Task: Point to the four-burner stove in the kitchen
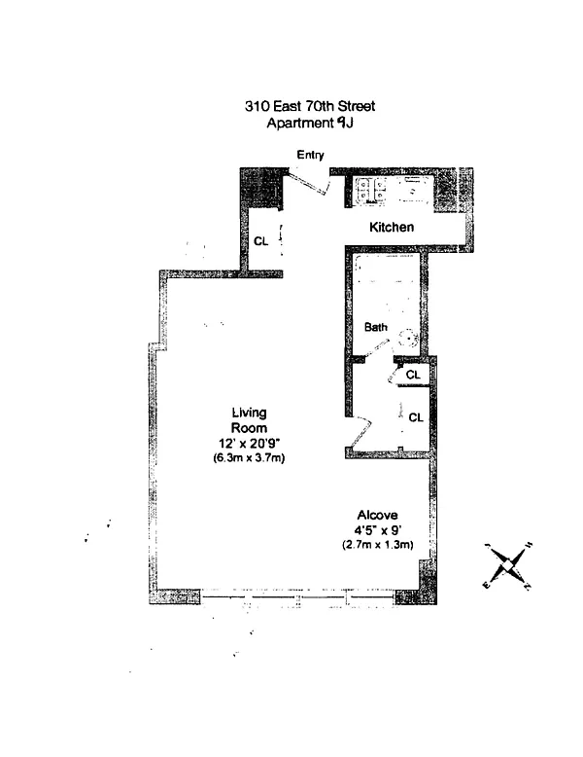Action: tap(370, 192)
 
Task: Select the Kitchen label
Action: tap(392, 228)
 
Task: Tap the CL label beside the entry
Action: tap(260, 241)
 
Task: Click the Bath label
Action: tap(376, 328)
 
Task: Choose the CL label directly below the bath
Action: tap(412, 374)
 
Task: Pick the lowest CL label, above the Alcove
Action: tap(416, 417)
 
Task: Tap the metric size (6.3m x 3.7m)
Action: tap(249, 457)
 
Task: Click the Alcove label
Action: tap(378, 515)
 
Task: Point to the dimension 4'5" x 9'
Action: tap(378, 530)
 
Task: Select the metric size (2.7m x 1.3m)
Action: tap(378, 545)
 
